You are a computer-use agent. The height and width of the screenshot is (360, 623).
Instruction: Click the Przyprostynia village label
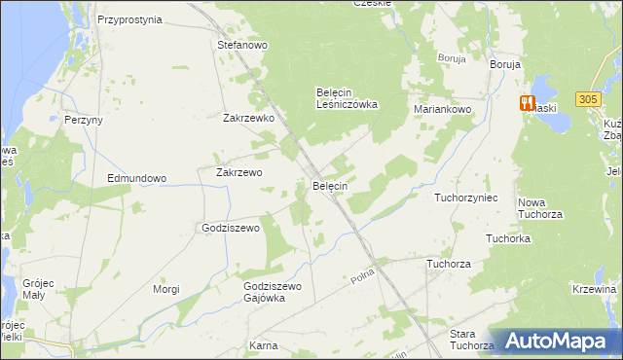[129, 18]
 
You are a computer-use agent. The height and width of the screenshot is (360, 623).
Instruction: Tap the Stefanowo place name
[242, 45]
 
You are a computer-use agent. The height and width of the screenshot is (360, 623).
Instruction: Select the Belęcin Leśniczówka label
[347, 98]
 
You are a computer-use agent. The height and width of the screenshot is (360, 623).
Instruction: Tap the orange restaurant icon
[527, 102]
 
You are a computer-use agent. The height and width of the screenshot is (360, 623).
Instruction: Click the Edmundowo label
[137, 179]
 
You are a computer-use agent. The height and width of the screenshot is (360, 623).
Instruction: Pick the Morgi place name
[166, 289]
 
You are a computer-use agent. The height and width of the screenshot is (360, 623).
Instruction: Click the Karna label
[263, 345]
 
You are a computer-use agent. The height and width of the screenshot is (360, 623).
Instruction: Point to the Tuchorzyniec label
[466, 198]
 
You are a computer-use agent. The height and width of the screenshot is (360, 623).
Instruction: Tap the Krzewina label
[596, 289]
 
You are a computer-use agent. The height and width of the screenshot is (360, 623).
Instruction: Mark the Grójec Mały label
[40, 289]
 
